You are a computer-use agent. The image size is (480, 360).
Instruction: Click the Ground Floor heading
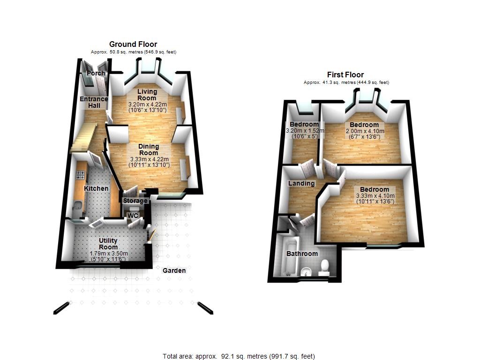click(133, 45)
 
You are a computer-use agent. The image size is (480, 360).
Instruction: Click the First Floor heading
click(345, 75)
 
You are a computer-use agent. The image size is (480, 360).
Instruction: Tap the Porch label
click(96, 73)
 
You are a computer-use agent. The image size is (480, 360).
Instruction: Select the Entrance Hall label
click(94, 102)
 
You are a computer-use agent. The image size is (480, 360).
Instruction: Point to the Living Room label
click(147, 95)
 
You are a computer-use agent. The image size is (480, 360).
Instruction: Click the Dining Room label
click(149, 150)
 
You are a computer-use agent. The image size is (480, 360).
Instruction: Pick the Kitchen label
click(96, 188)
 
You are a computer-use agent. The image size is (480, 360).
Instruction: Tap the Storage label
click(135, 201)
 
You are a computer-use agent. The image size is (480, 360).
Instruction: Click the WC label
click(133, 216)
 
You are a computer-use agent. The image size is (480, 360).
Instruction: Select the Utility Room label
click(108, 244)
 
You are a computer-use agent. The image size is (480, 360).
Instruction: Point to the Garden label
click(174, 270)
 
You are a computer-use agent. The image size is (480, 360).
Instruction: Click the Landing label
click(301, 183)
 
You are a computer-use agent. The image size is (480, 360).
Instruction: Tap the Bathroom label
click(302, 254)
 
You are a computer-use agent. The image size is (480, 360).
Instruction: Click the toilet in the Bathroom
click(324, 268)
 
